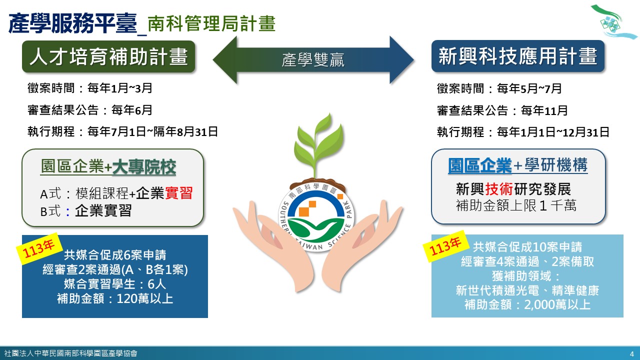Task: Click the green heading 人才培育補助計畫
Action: [x=108, y=56]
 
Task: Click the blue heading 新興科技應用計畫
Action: [x=518, y=56]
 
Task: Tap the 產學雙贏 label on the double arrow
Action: [x=313, y=60]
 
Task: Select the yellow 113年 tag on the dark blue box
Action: [x=38, y=248]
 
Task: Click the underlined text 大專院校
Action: [x=144, y=167]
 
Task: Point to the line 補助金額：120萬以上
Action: [x=115, y=299]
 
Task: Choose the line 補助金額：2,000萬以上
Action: [x=527, y=304]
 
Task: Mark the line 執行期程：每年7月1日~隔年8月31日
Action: [x=122, y=132]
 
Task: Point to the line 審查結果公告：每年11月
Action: [x=502, y=110]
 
